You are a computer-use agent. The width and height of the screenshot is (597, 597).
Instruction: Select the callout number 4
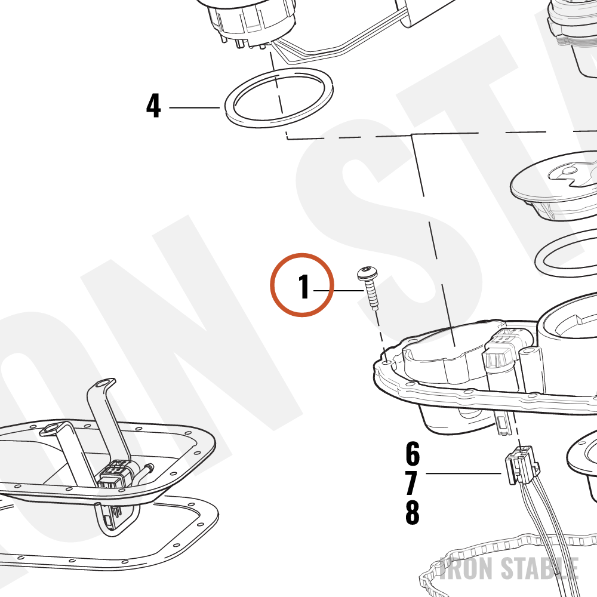[153, 106]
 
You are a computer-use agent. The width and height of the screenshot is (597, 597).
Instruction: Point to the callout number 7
[411, 482]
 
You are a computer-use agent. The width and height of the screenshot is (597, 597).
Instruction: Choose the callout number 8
[413, 512]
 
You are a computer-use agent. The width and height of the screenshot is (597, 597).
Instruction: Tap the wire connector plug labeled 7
[522, 465]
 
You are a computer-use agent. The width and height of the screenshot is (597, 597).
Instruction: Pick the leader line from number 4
[194, 107]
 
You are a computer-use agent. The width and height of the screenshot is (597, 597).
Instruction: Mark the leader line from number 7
[463, 473]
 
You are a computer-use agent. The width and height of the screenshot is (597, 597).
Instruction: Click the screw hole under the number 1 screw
[387, 362]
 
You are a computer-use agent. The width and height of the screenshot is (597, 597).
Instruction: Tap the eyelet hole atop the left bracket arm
[103, 383]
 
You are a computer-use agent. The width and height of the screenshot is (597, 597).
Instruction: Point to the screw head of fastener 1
[367, 272]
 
